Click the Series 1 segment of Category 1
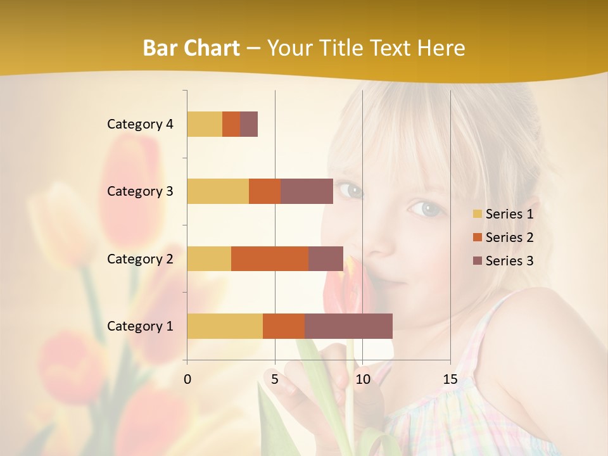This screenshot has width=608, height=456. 225,326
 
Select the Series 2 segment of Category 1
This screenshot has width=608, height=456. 284,326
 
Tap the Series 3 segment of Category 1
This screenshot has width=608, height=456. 348,326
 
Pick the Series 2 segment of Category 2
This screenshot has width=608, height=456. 270,258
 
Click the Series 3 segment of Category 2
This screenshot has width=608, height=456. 326,258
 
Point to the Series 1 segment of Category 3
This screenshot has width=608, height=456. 218,191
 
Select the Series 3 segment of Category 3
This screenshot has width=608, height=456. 307,191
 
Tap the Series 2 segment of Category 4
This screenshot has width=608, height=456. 231,124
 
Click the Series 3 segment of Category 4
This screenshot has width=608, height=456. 249,124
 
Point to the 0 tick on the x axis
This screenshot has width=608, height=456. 187,379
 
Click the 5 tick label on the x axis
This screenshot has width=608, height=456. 275,379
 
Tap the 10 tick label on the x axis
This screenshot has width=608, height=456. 362,379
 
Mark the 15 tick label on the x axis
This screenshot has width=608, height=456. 450,379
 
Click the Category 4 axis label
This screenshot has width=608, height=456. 140,124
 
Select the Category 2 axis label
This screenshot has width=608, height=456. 140,258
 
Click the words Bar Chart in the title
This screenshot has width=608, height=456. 191,47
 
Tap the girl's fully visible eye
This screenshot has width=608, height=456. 426,208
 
